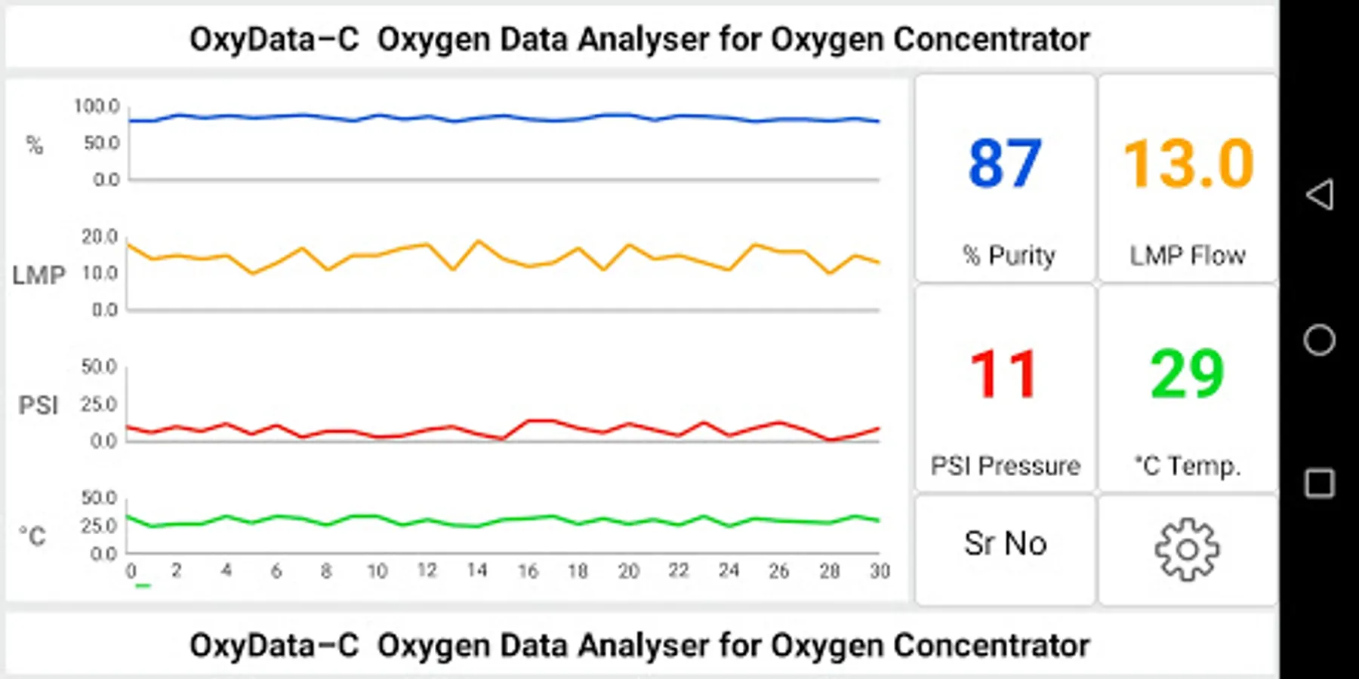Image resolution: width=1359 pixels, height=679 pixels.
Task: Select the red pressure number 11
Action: point(1005,374)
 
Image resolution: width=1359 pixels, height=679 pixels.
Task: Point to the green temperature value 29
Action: point(1187,374)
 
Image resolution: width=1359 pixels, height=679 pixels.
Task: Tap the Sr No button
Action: point(1005,544)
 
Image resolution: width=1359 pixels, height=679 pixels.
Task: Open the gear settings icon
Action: point(1187,549)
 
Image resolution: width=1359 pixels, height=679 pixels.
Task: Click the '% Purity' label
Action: point(1009,256)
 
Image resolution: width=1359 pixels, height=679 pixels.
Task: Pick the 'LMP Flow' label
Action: point(1188,256)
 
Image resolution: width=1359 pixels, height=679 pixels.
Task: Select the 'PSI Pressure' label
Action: point(1005,466)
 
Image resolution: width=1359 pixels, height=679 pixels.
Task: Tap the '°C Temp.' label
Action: point(1188,466)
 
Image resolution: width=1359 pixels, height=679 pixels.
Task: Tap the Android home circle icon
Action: point(1319,340)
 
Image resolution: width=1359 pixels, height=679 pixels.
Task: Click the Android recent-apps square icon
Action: point(1319,484)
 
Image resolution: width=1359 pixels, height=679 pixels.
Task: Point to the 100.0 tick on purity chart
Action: point(97,106)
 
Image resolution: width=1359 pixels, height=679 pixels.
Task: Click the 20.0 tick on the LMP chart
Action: point(100,237)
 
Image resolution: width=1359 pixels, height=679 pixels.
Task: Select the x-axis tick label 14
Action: point(477,570)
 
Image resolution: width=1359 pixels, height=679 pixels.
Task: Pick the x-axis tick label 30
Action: point(880,571)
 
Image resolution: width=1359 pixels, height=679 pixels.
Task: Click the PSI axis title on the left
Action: point(38,405)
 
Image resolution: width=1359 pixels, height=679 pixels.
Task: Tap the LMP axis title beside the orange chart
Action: point(39,275)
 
